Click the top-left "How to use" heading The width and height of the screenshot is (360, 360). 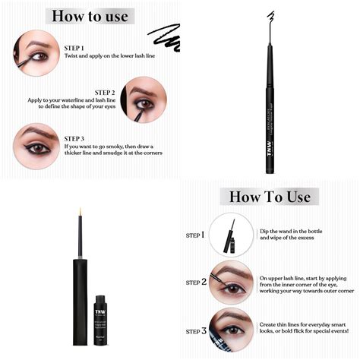coord(90,16)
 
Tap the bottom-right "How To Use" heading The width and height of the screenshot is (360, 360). coord(270,197)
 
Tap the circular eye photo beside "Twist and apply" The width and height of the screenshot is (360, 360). coord(35,52)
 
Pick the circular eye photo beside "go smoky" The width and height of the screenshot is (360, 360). coord(35,144)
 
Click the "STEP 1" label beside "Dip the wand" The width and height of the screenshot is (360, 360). coord(194,235)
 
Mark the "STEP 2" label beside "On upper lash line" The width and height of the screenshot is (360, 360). coord(194,282)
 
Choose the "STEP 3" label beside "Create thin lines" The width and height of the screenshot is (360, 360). coord(194,330)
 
